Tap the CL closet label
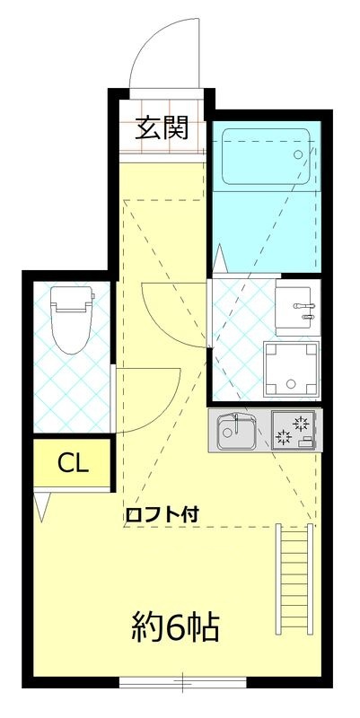(x=73, y=463)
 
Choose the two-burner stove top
(x=293, y=430)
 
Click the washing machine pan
(x=292, y=369)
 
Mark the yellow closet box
(x=73, y=463)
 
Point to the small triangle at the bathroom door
(x=221, y=260)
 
